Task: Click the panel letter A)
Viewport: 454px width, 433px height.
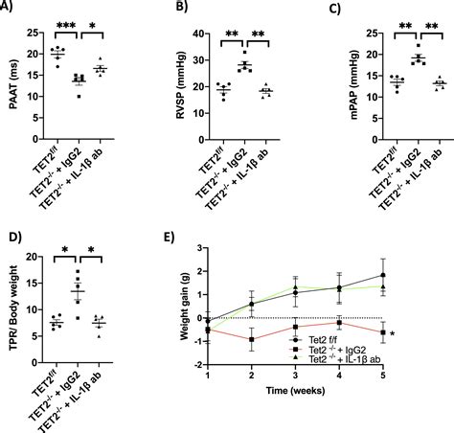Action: (10, 8)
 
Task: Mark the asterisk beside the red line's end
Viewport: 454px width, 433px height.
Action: (393, 333)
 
